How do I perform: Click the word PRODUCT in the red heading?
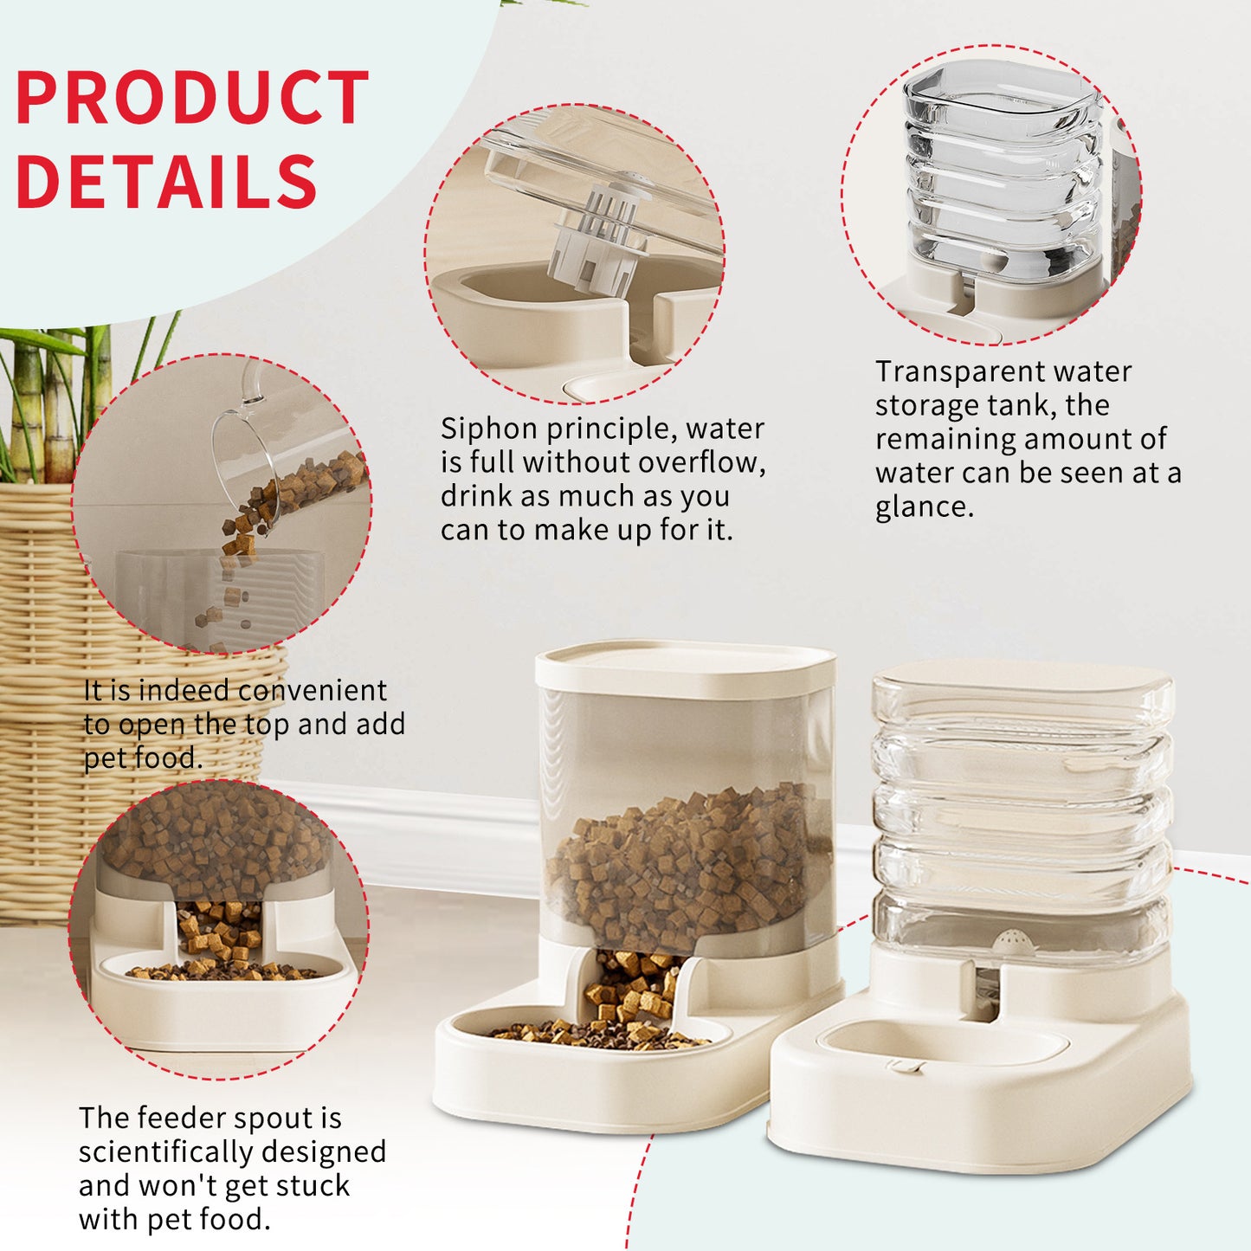pyautogui.click(x=192, y=99)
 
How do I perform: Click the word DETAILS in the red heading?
pyautogui.click(x=166, y=182)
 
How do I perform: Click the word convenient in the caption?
pyautogui.click(x=312, y=691)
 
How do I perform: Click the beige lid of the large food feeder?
pyautogui.click(x=685, y=665)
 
